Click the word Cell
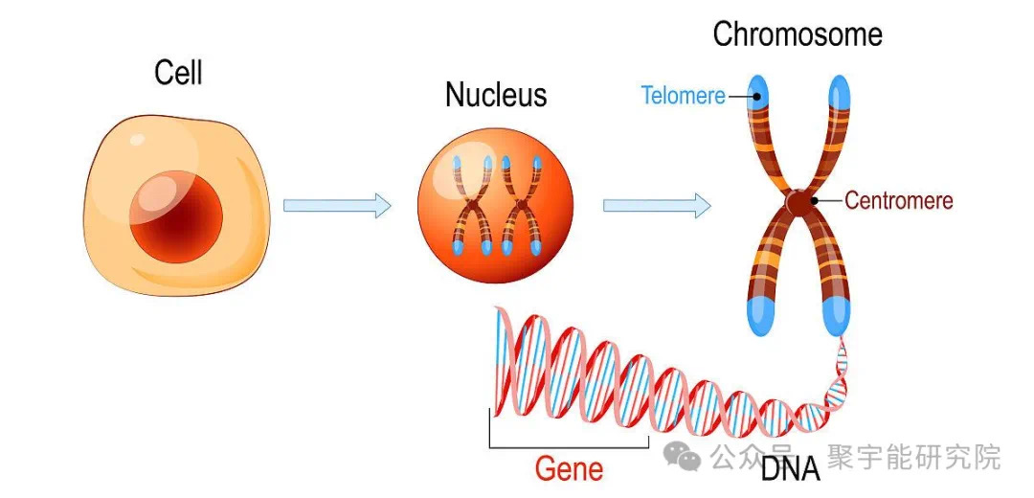(179, 73)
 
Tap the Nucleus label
(496, 95)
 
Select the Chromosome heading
(798, 35)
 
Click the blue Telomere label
(683, 96)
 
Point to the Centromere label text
(899, 201)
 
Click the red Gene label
(569, 469)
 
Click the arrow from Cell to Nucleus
(337, 205)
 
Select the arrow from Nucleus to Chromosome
(656, 205)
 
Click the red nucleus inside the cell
(176, 215)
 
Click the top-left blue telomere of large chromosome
(758, 91)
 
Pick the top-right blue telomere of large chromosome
(839, 91)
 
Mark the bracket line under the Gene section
(569, 447)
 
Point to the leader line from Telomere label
(738, 96)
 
